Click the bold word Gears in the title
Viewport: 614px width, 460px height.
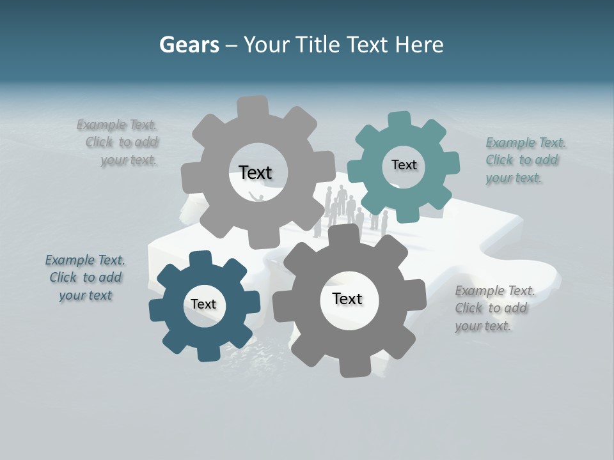pyautogui.click(x=189, y=45)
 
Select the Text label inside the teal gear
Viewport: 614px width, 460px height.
pyautogui.click(x=404, y=165)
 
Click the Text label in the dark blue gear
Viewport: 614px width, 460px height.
pyautogui.click(x=203, y=304)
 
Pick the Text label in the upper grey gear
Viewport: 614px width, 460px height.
pyautogui.click(x=255, y=172)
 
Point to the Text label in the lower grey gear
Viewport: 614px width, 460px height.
pyautogui.click(x=347, y=298)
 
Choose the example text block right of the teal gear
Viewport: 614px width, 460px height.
pyautogui.click(x=524, y=160)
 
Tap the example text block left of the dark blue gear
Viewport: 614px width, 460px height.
pyautogui.click(x=85, y=277)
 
